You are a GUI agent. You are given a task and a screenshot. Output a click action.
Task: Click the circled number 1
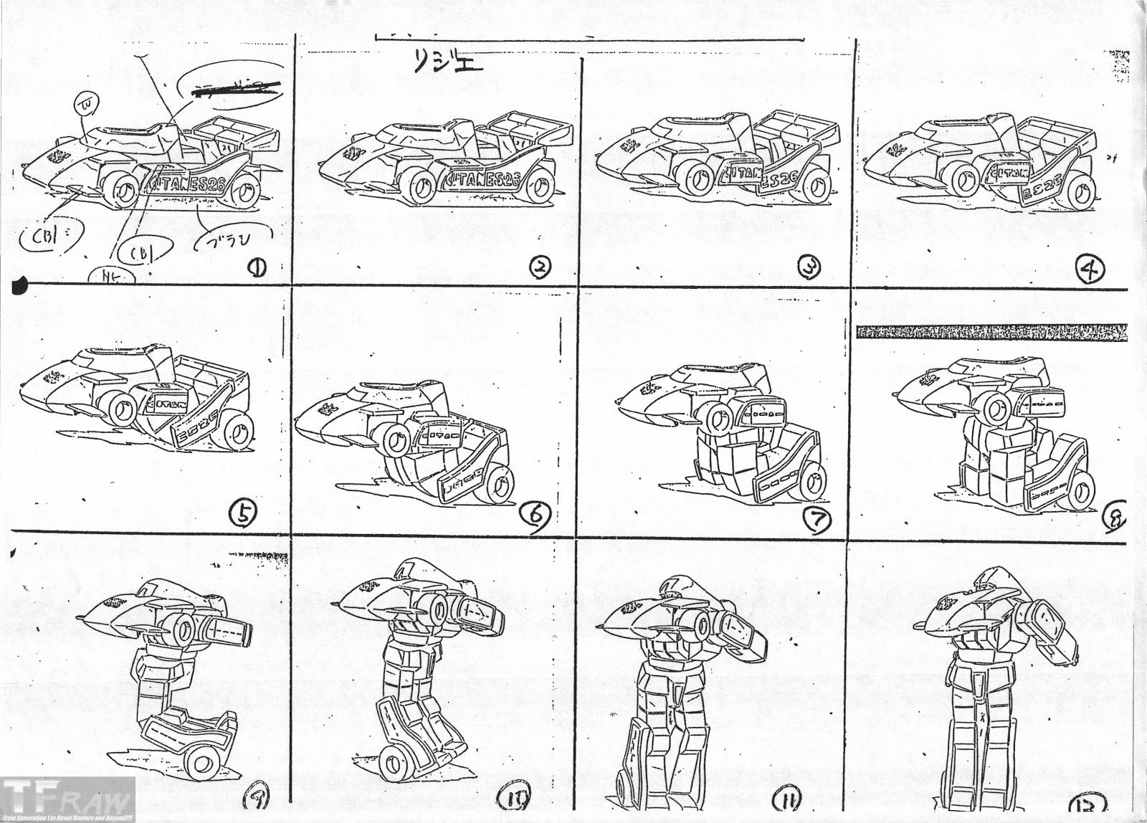click(256, 268)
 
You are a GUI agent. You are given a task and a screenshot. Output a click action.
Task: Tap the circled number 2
click(538, 267)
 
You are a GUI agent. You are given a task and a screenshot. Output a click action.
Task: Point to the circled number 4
click(1093, 268)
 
